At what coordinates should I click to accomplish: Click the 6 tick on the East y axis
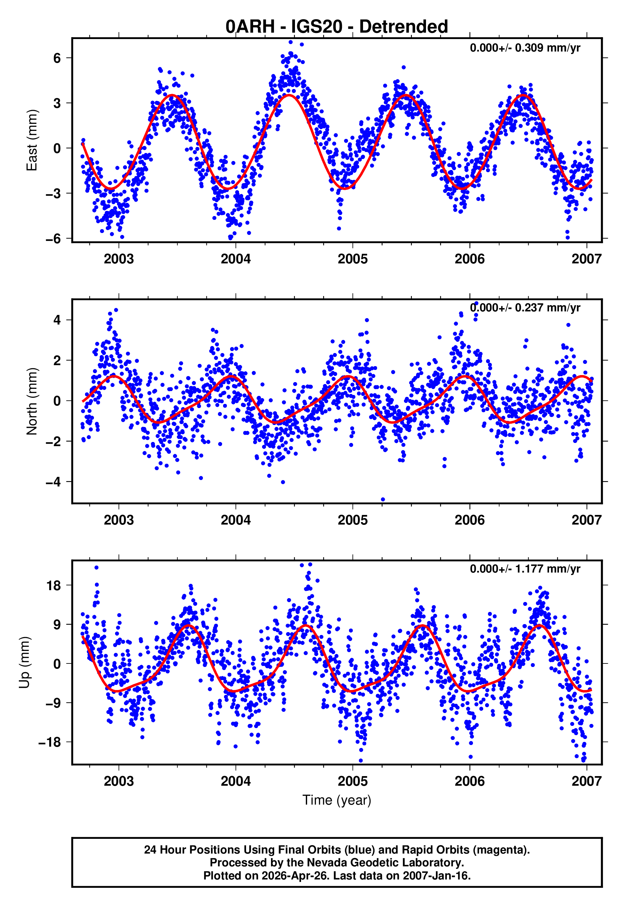pos(57,58)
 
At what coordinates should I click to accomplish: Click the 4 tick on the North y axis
pos(57,320)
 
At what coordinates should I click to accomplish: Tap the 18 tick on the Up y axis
pos(54,585)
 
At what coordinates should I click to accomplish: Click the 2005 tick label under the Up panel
pos(352,781)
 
